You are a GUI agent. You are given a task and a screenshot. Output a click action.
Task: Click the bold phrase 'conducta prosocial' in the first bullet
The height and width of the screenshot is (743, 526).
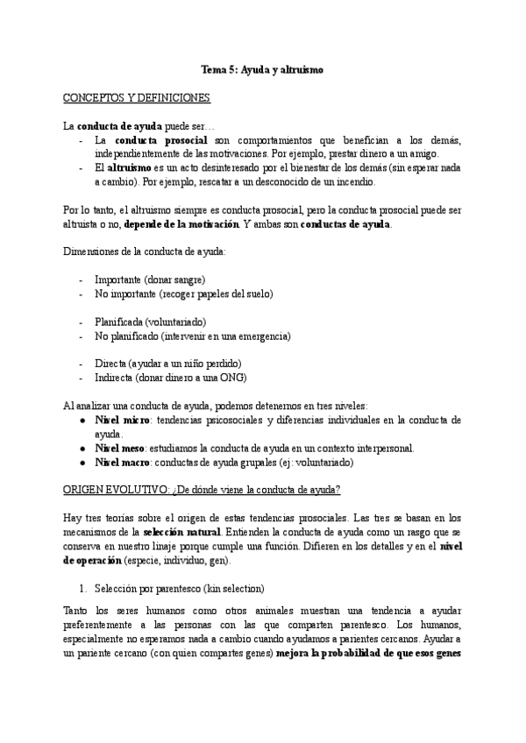[161, 140]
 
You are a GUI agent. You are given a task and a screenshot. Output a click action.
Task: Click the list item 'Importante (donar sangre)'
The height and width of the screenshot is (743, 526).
[149, 280]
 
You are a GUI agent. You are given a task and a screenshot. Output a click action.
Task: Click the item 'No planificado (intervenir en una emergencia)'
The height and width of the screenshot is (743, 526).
[192, 336]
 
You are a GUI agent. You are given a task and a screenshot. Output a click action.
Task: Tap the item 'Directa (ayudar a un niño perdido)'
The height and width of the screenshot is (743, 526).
[167, 364]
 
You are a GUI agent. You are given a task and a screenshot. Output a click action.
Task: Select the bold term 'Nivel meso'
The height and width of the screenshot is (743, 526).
[119, 448]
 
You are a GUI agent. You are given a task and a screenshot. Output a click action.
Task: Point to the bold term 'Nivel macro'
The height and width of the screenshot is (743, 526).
[122, 462]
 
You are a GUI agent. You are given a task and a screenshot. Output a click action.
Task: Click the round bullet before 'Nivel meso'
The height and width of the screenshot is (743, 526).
[82, 448]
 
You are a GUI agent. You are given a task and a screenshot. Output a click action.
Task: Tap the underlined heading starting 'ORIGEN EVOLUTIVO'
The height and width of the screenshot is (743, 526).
[203, 489]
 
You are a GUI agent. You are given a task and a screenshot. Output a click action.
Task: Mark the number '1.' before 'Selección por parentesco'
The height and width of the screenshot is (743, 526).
[84, 588]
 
